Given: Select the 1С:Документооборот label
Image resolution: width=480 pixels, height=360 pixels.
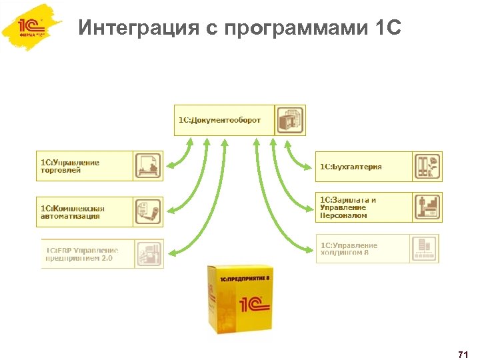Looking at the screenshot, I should [x=219, y=120].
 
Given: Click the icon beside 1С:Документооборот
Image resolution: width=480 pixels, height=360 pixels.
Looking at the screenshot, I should [x=290, y=120].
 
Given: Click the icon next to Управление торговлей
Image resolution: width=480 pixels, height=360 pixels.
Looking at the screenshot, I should [x=148, y=166].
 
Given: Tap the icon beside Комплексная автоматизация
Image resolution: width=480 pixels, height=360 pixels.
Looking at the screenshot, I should [x=148, y=211].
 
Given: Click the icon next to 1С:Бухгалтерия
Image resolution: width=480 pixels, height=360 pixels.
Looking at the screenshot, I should [x=426, y=167].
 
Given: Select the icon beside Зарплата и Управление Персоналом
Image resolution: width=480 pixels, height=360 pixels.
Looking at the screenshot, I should [x=426, y=207].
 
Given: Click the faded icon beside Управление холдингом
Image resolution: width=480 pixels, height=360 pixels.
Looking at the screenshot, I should [x=424, y=249].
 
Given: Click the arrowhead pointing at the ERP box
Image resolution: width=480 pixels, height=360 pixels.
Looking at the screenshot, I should [x=173, y=253].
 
